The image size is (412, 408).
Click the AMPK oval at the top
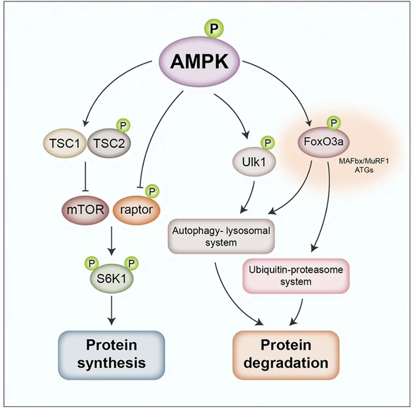click(199, 62)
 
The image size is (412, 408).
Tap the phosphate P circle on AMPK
click(214, 28)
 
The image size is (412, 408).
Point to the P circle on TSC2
click(123, 126)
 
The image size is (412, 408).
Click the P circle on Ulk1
click(268, 143)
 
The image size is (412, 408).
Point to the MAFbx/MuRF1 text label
click(364, 162)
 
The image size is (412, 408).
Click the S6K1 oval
click(111, 279)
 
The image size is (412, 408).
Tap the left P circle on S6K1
click(92, 263)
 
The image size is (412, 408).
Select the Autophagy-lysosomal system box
click(221, 236)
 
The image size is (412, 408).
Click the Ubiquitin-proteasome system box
click(296, 276)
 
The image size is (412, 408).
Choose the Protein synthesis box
click(111, 355)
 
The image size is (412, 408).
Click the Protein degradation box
click(286, 355)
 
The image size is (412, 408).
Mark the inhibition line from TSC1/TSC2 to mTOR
click(85, 175)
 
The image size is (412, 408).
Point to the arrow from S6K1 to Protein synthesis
click(112, 310)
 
